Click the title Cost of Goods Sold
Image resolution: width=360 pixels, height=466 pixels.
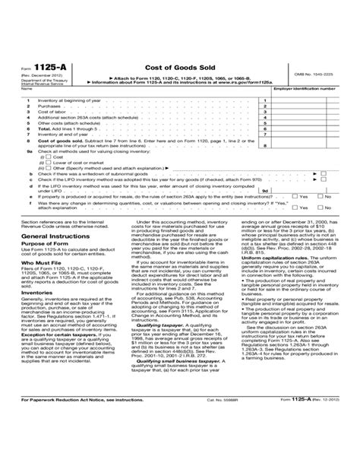(180, 68)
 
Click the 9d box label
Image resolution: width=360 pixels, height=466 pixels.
(264, 192)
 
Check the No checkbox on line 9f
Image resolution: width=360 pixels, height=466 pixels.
(321, 208)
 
